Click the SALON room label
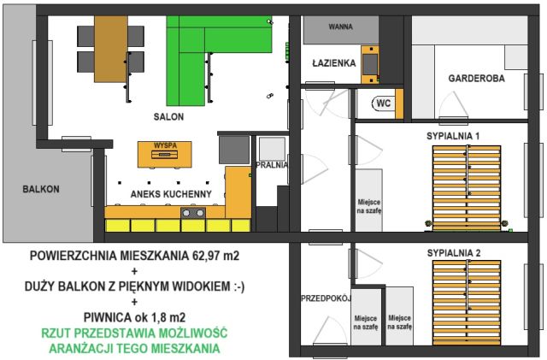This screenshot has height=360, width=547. (x=168, y=116)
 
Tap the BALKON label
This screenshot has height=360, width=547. (x=41, y=189)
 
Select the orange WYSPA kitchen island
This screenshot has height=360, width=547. (x=165, y=154)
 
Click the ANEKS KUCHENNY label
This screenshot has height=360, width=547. (x=170, y=194)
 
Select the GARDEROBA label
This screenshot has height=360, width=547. (x=476, y=78)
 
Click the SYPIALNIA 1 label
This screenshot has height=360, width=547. (x=453, y=136)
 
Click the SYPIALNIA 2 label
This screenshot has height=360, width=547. (x=453, y=253)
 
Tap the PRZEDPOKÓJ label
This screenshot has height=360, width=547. (x=322, y=298)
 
